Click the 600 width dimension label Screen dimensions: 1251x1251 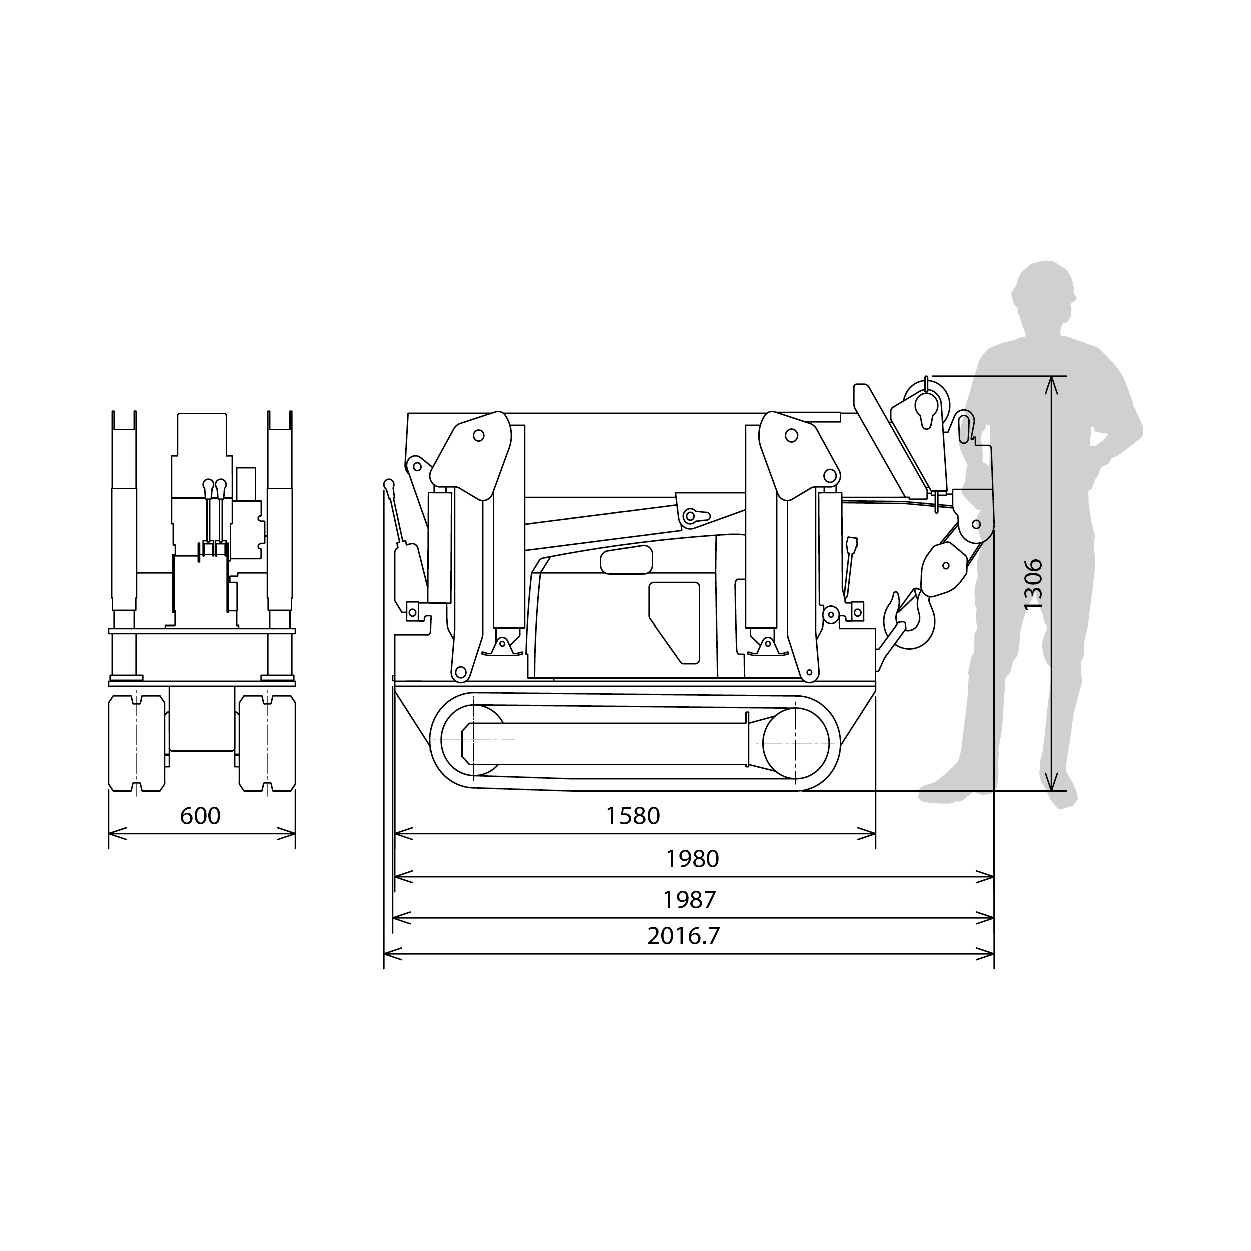[200, 816]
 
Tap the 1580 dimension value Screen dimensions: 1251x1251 [633, 816]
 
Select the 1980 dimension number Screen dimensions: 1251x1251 [692, 859]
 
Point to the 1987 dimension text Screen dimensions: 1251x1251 [689, 899]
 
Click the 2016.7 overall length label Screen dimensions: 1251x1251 [683, 936]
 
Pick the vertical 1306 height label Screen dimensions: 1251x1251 [1033, 584]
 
